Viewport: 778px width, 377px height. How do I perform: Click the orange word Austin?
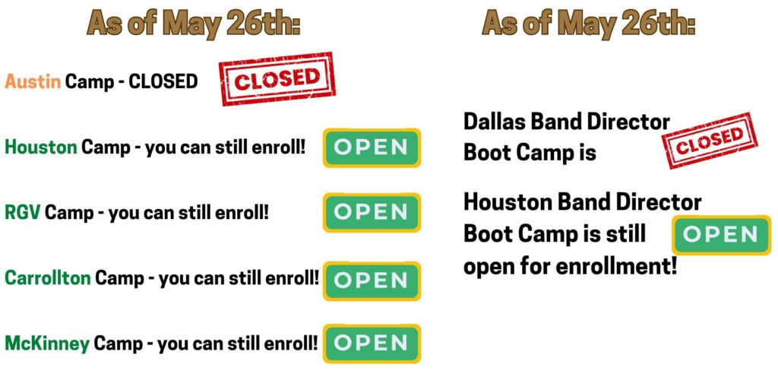click(33, 81)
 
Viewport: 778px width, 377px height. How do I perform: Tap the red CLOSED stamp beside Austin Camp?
click(277, 79)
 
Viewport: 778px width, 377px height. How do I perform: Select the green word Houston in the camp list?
click(41, 147)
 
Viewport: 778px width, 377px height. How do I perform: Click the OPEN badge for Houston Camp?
click(372, 147)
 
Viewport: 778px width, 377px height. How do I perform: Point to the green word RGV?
click(23, 212)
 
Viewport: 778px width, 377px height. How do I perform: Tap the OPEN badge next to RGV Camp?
click(372, 212)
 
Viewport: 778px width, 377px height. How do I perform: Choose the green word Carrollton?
click(48, 277)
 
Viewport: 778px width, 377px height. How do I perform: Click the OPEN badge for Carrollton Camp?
click(372, 280)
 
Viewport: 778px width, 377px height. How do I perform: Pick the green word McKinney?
click(47, 344)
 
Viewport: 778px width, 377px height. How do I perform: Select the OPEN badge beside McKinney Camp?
click(372, 344)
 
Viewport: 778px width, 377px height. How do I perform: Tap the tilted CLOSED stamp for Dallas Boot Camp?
click(710, 141)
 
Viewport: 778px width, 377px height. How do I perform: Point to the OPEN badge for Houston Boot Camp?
click(722, 235)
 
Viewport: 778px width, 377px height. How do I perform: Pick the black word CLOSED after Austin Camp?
click(163, 81)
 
